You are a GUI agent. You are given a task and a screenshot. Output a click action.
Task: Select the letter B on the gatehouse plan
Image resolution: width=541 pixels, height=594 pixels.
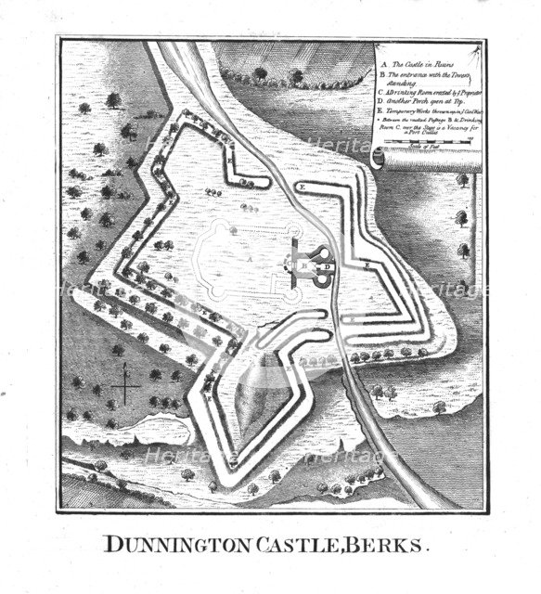[x=305, y=265]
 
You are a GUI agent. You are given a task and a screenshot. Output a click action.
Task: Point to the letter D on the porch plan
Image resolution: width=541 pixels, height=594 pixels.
[x=327, y=266]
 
